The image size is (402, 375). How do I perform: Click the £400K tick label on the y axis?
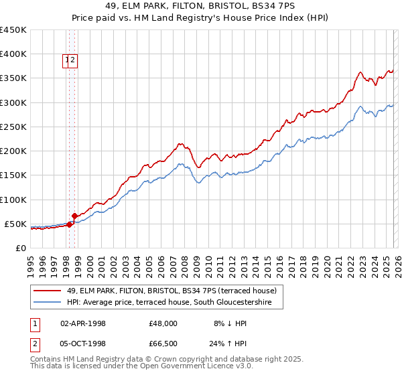pyautogui.click(x=13, y=54)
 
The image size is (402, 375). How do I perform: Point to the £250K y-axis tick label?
pyautogui.click(x=13, y=127)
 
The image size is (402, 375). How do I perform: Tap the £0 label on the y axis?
pyautogui.click(x=21, y=248)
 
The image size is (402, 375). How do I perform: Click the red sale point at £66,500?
pyautogui.click(x=74, y=216)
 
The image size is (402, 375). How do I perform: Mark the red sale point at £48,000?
pyautogui.click(x=69, y=225)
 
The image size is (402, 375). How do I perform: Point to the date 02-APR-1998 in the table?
pyautogui.click(x=83, y=323)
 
